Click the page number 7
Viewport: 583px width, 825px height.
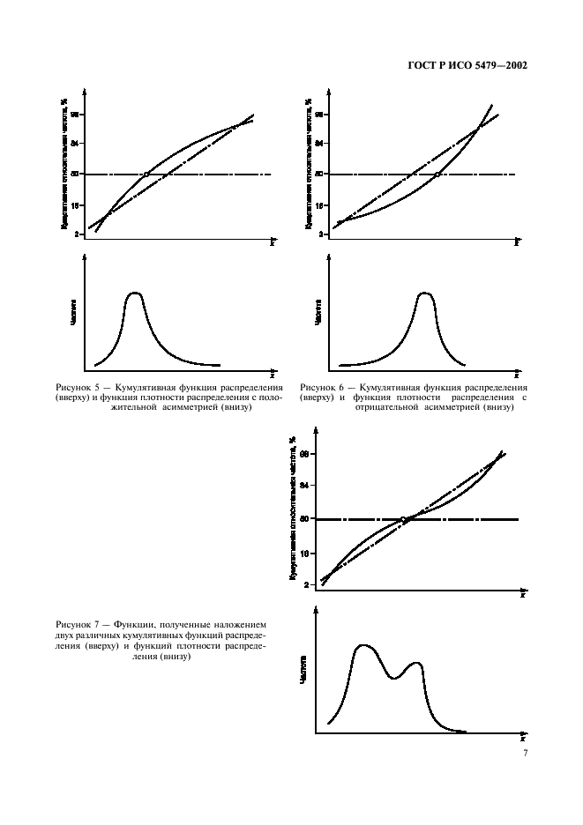[525, 754]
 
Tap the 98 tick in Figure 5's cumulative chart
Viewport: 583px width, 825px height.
[76, 115]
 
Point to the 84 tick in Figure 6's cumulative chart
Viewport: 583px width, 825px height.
[322, 143]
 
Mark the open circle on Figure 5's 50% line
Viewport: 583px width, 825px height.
[146, 175]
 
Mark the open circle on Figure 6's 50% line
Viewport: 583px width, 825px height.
[437, 175]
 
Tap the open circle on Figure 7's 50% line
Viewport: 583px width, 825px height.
[404, 519]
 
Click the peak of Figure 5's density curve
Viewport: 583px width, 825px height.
[134, 293]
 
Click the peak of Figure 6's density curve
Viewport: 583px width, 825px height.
[425, 293]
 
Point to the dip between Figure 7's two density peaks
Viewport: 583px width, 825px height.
[393, 678]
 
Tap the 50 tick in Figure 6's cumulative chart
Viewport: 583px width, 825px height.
[322, 175]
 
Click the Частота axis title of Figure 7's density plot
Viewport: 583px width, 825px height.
[303, 669]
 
